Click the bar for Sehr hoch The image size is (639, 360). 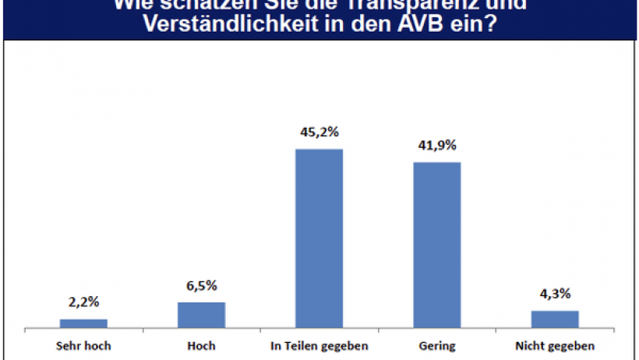pos(83,323)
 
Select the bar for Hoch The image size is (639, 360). pos(201,315)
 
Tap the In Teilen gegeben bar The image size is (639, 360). pos(319,238)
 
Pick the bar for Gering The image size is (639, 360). pos(436,244)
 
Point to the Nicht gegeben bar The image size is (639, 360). pos(555,319)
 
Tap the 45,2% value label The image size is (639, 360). pos(319,132)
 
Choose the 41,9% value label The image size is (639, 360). pos(436,146)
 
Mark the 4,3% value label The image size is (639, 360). pos(555,295)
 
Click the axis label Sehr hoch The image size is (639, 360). pos(83,344)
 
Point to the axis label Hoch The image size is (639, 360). pos(201,344)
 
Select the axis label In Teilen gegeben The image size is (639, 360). pos(319,344)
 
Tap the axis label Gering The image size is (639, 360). pos(436,344)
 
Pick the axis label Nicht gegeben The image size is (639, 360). pos(555,344)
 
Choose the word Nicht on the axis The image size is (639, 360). pos(532,344)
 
